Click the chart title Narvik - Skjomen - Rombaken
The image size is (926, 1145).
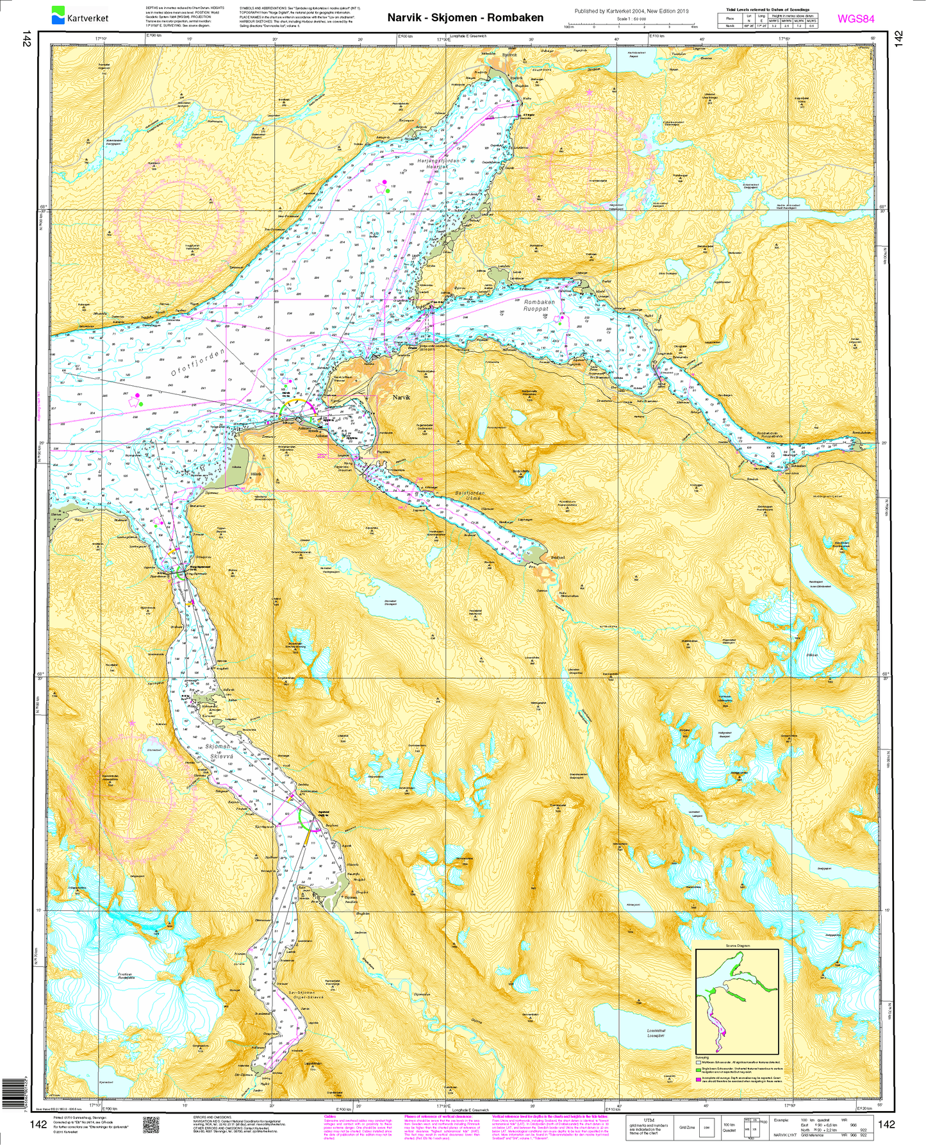point(465,18)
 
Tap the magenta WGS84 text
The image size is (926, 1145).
point(856,19)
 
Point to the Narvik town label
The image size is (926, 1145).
point(401,397)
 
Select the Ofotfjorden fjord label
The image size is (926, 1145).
point(199,364)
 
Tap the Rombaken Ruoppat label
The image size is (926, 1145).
point(539,305)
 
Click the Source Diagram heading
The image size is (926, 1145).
point(737,945)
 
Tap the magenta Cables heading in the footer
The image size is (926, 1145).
point(330,1116)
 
